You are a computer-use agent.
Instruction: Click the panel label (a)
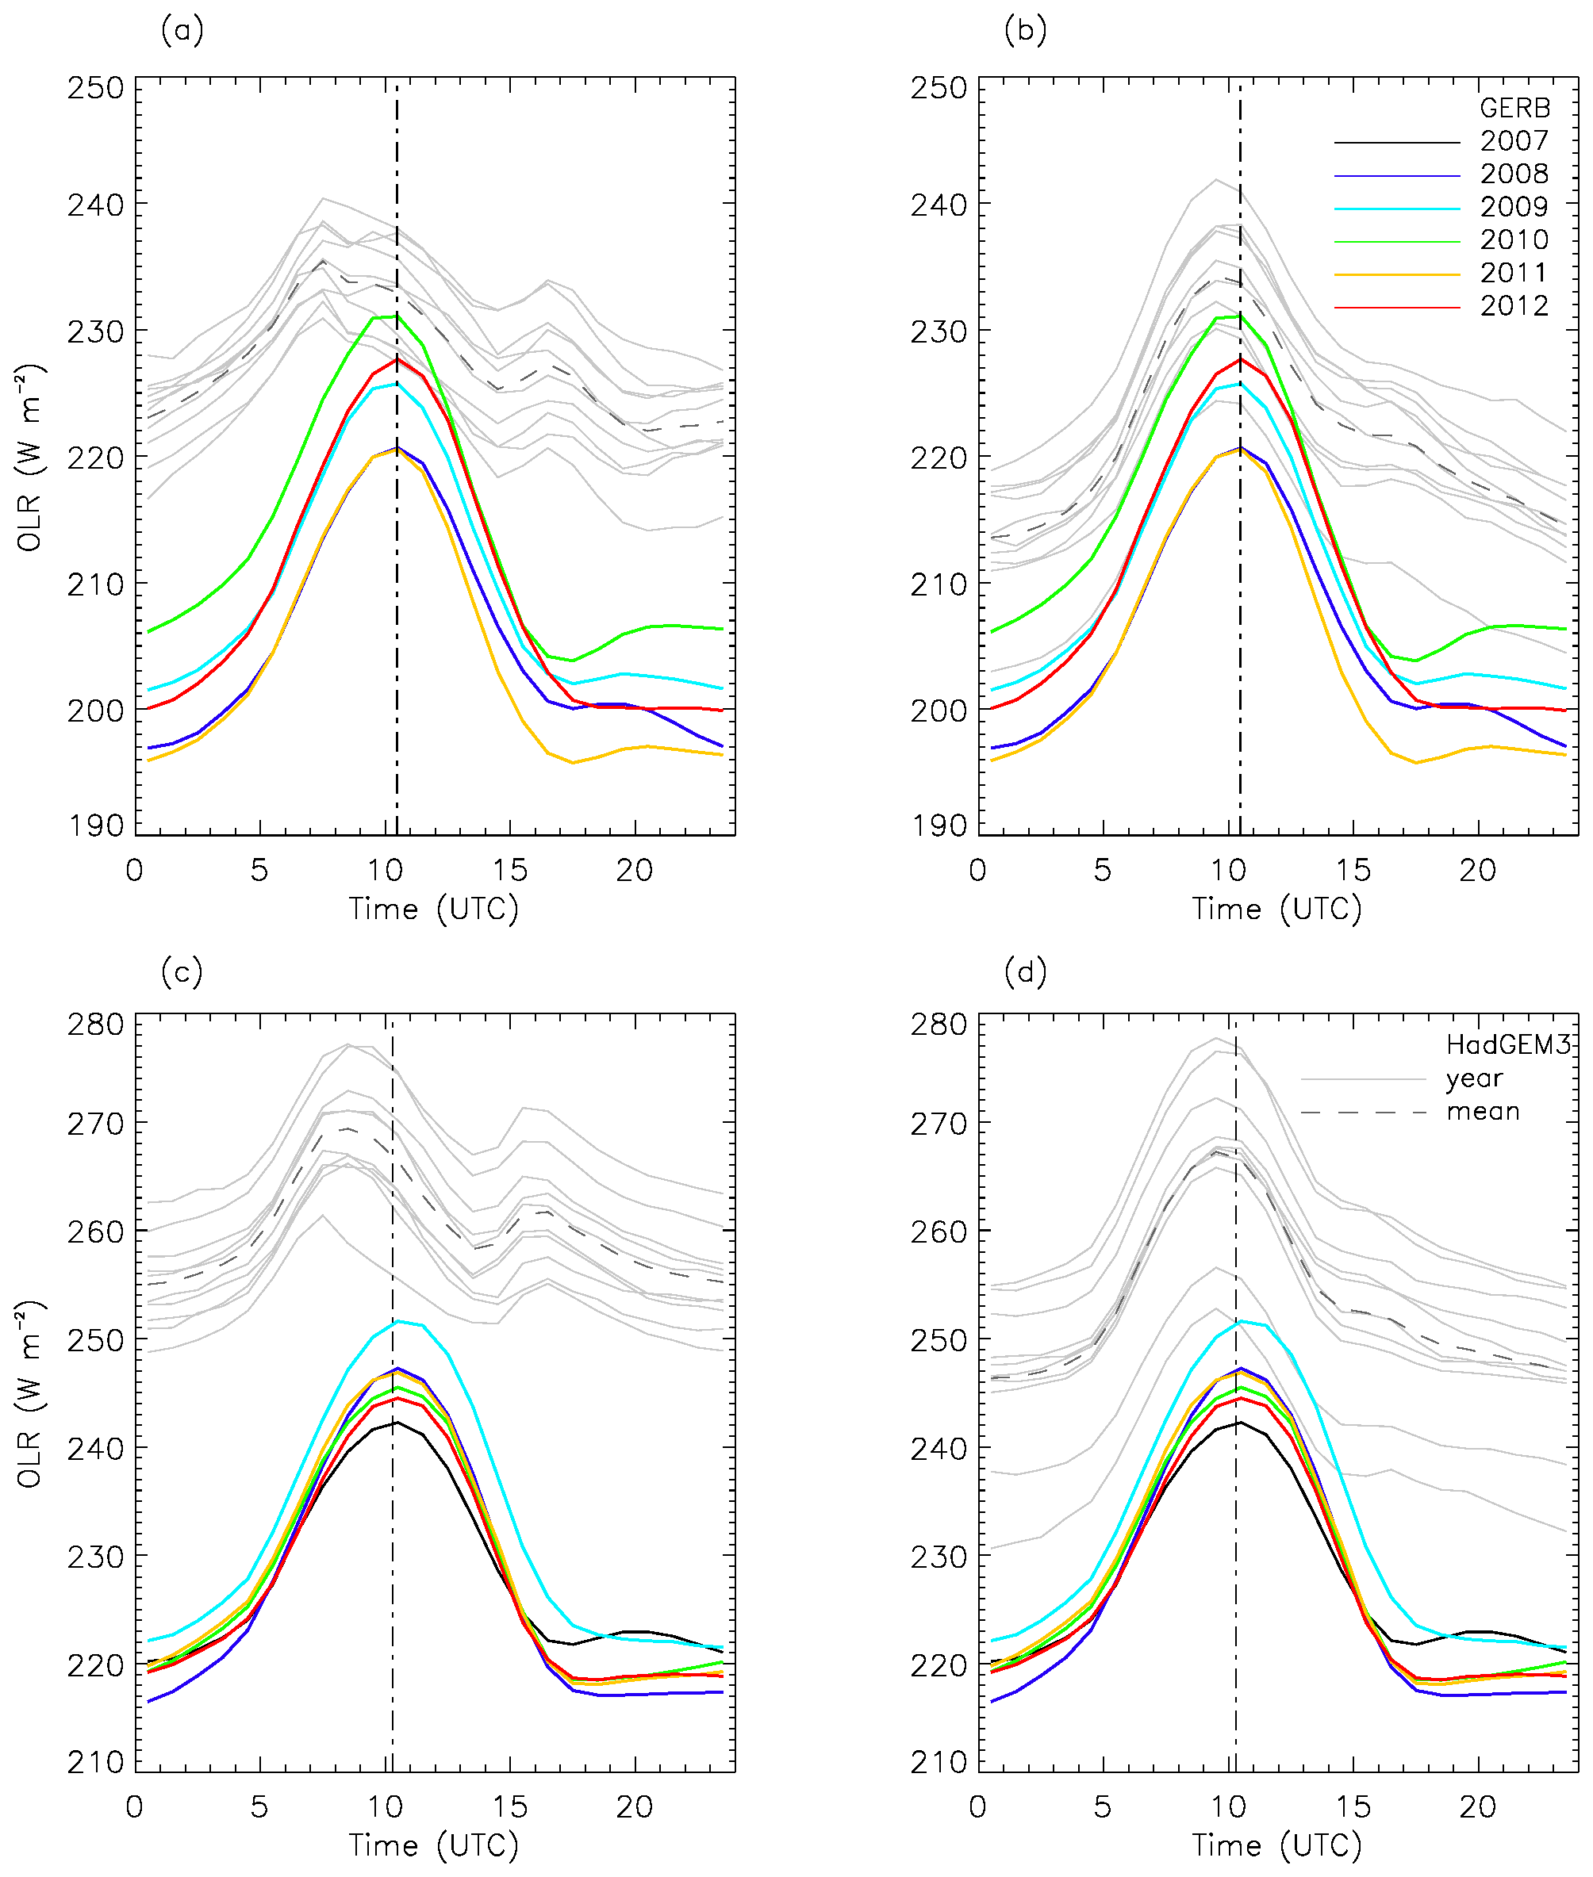[x=182, y=32]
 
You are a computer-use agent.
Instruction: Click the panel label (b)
[x=1025, y=32]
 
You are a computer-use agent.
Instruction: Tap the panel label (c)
[x=182, y=972]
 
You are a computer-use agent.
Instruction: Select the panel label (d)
[x=1025, y=972]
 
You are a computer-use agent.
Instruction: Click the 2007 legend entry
[x=1514, y=141]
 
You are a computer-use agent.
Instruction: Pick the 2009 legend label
[x=1514, y=207]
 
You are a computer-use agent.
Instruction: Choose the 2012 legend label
[x=1514, y=306]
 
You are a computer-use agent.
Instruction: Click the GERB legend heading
[x=1514, y=109]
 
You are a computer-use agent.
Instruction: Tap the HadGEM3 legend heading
[x=1508, y=1044]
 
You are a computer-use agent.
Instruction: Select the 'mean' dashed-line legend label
[x=1483, y=1112]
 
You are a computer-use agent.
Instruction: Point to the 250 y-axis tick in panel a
[x=95, y=89]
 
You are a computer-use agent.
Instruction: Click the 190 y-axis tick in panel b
[x=939, y=825]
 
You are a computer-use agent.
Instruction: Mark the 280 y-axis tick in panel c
[x=95, y=1025]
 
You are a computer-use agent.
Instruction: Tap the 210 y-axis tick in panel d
[x=939, y=1761]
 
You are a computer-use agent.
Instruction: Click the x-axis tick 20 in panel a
[x=634, y=871]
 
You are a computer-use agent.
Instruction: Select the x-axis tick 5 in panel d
[x=1103, y=1806]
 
